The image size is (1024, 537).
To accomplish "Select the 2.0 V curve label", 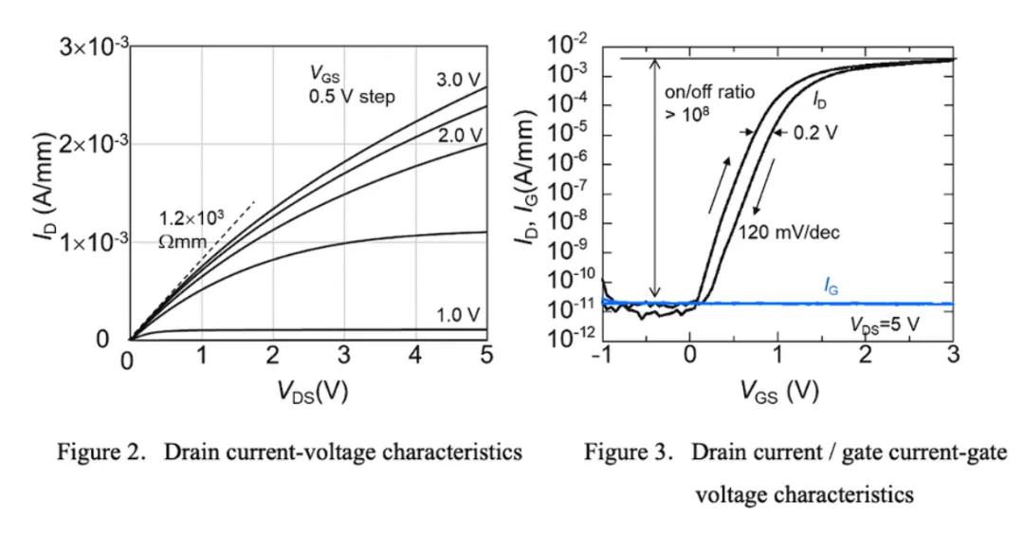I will click(x=460, y=136).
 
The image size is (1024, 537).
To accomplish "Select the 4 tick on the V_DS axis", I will click(x=415, y=358).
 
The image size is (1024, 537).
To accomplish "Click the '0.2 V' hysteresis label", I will click(x=815, y=132).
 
